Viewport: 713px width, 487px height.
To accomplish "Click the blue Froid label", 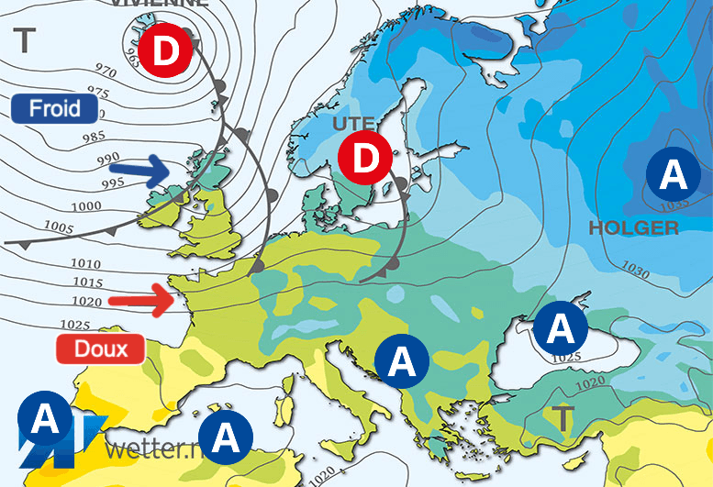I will coord(55,108).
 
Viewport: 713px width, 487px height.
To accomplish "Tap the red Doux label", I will coord(100,349).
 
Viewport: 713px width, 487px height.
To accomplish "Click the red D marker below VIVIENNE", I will coord(166,52).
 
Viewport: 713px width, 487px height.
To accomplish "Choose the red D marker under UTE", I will coord(365,158).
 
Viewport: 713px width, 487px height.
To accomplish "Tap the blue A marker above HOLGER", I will coord(673,172).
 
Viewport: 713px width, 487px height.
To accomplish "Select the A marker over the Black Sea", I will coord(563,327).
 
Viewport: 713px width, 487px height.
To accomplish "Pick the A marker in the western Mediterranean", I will coord(226,435).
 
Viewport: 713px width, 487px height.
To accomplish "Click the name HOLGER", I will coord(634,228).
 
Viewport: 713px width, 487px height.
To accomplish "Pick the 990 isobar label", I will coord(109,160).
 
